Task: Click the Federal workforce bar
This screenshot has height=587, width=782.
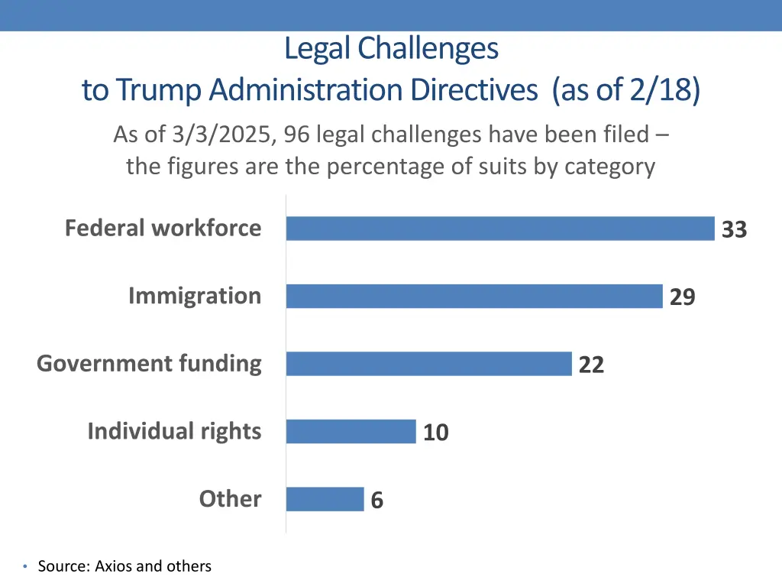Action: point(500,229)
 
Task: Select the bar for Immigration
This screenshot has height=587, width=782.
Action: point(474,296)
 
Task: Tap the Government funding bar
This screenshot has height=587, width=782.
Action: point(428,364)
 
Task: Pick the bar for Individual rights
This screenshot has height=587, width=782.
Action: point(351,431)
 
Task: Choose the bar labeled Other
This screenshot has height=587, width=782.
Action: point(325,499)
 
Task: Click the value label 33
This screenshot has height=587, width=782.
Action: point(734,229)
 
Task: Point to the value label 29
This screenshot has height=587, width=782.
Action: point(682,297)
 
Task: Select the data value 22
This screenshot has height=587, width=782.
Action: point(591,365)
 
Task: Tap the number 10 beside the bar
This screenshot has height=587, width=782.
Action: point(435,433)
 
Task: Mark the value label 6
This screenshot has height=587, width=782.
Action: point(376,501)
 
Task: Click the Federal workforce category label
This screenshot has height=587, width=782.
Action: point(163,228)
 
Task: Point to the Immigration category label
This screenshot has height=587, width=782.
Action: point(194,296)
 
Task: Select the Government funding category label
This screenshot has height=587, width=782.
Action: point(149,363)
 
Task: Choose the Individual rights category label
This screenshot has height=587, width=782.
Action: point(174,431)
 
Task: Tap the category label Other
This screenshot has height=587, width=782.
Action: point(230,498)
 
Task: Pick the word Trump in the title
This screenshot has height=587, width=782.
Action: point(159,90)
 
